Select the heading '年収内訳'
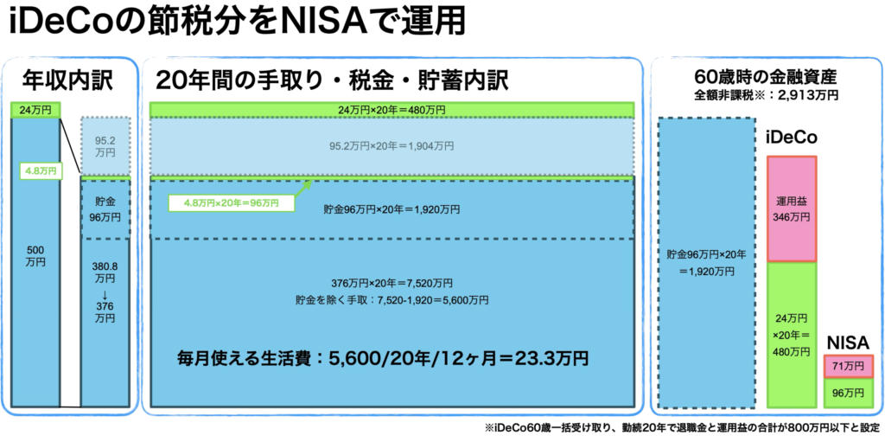pos(67,80)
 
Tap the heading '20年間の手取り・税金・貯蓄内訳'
pos(332,80)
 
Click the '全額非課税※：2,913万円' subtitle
pos(766,94)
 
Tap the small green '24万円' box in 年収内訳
pos(35,110)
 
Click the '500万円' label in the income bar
pos(35,256)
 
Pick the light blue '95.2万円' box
pos(105,146)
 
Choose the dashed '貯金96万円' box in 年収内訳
pos(105,208)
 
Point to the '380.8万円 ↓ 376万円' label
pos(105,291)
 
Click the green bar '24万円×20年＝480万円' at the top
pos(392,109)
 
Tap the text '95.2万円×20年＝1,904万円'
pos(392,146)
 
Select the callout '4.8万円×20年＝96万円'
pos(232,202)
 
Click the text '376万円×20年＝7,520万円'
pos(392,283)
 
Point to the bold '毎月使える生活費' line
pos(383,358)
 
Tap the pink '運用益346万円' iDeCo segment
pos(792,208)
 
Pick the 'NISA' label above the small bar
pos(847,343)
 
